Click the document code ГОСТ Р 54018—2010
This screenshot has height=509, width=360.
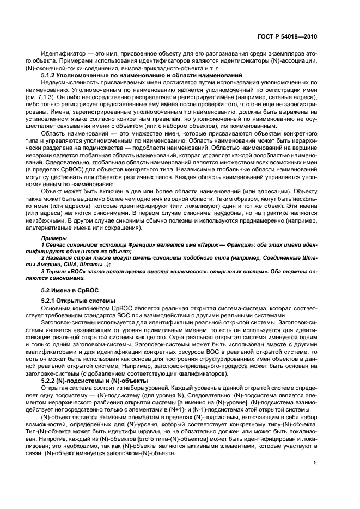coord(288,36)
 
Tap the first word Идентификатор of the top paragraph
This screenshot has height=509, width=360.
coord(64,55)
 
